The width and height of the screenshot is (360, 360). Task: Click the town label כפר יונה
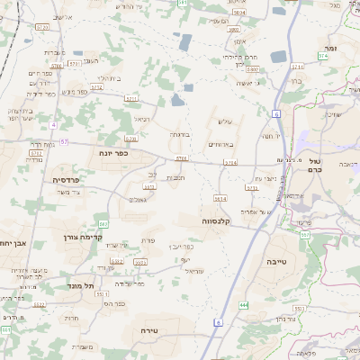pyautogui.click(x=113, y=154)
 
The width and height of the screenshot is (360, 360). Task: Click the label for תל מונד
pyautogui.click(x=80, y=285)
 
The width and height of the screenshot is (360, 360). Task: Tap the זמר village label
pyautogui.click(x=331, y=46)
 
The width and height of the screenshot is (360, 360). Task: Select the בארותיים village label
pyautogui.click(x=220, y=144)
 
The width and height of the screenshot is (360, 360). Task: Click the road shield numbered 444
pyautogui.click(x=244, y=305)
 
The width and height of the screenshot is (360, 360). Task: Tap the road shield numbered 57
pyautogui.click(x=63, y=141)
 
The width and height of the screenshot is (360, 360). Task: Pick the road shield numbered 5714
pyautogui.click(x=230, y=163)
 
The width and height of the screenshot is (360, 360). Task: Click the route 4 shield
pyautogui.click(x=53, y=124)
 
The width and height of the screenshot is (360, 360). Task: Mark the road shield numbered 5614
pyautogui.click(x=220, y=198)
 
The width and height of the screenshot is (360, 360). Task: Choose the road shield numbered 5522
pyautogui.click(x=40, y=304)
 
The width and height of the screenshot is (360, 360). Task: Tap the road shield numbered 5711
pyautogui.click(x=131, y=97)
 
